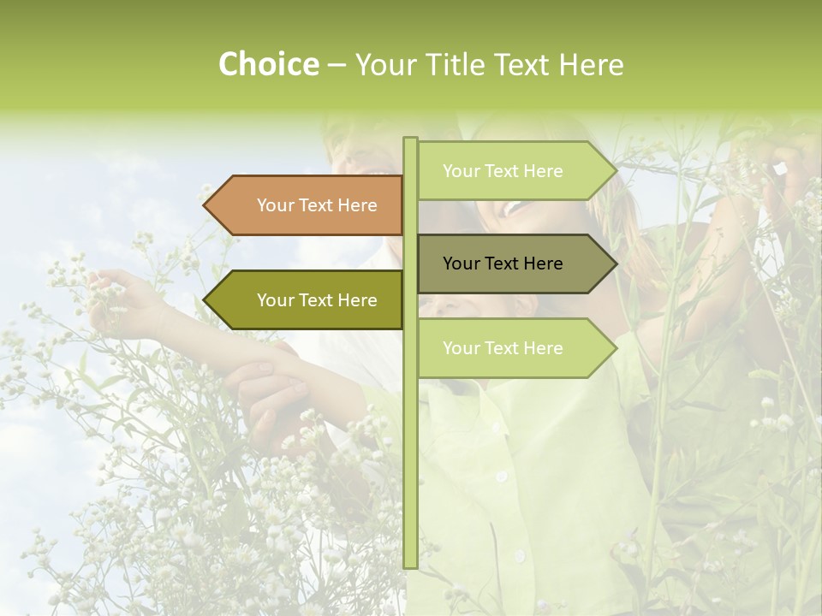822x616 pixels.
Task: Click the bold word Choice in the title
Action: point(268,64)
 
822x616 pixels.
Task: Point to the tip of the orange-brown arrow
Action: point(205,205)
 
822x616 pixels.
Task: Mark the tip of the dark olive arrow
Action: point(616,264)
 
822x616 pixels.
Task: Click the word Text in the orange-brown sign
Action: point(316,205)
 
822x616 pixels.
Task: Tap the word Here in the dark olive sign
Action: point(542,264)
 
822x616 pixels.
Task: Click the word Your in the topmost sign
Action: point(462,171)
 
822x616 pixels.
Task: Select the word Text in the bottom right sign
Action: point(502,348)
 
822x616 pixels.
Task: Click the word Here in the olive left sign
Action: point(356,300)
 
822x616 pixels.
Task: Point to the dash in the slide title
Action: point(337,66)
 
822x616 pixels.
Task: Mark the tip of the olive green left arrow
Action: point(205,300)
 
